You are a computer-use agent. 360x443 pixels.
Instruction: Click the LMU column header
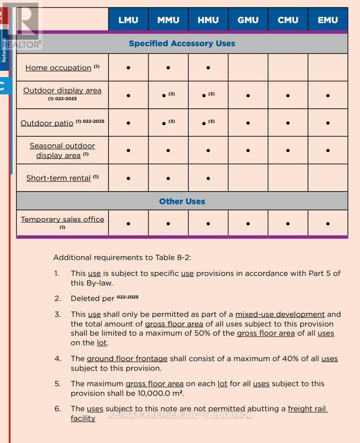128,20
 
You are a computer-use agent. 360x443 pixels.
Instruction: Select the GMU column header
248,20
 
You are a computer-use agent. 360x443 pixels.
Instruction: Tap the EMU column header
328,20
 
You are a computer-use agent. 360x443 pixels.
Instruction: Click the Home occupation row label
58,68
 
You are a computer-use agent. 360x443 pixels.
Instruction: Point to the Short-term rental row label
58,178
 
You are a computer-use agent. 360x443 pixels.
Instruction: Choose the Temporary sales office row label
62,220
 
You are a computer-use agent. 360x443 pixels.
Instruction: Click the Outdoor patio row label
47,123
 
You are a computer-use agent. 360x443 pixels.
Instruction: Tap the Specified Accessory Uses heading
182,43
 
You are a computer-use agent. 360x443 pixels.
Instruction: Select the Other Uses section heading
182,201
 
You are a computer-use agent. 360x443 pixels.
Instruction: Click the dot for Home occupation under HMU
208,68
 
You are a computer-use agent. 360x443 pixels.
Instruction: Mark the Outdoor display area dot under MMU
164,96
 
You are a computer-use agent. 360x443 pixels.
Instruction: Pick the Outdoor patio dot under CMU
288,123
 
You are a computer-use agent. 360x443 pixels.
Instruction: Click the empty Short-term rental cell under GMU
248,178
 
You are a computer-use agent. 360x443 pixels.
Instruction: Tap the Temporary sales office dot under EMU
328,223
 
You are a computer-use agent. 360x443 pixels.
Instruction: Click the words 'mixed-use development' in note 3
280,314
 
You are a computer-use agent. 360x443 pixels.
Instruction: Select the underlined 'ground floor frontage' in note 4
127,359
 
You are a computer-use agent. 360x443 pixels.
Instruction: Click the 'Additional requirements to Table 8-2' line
122,258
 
